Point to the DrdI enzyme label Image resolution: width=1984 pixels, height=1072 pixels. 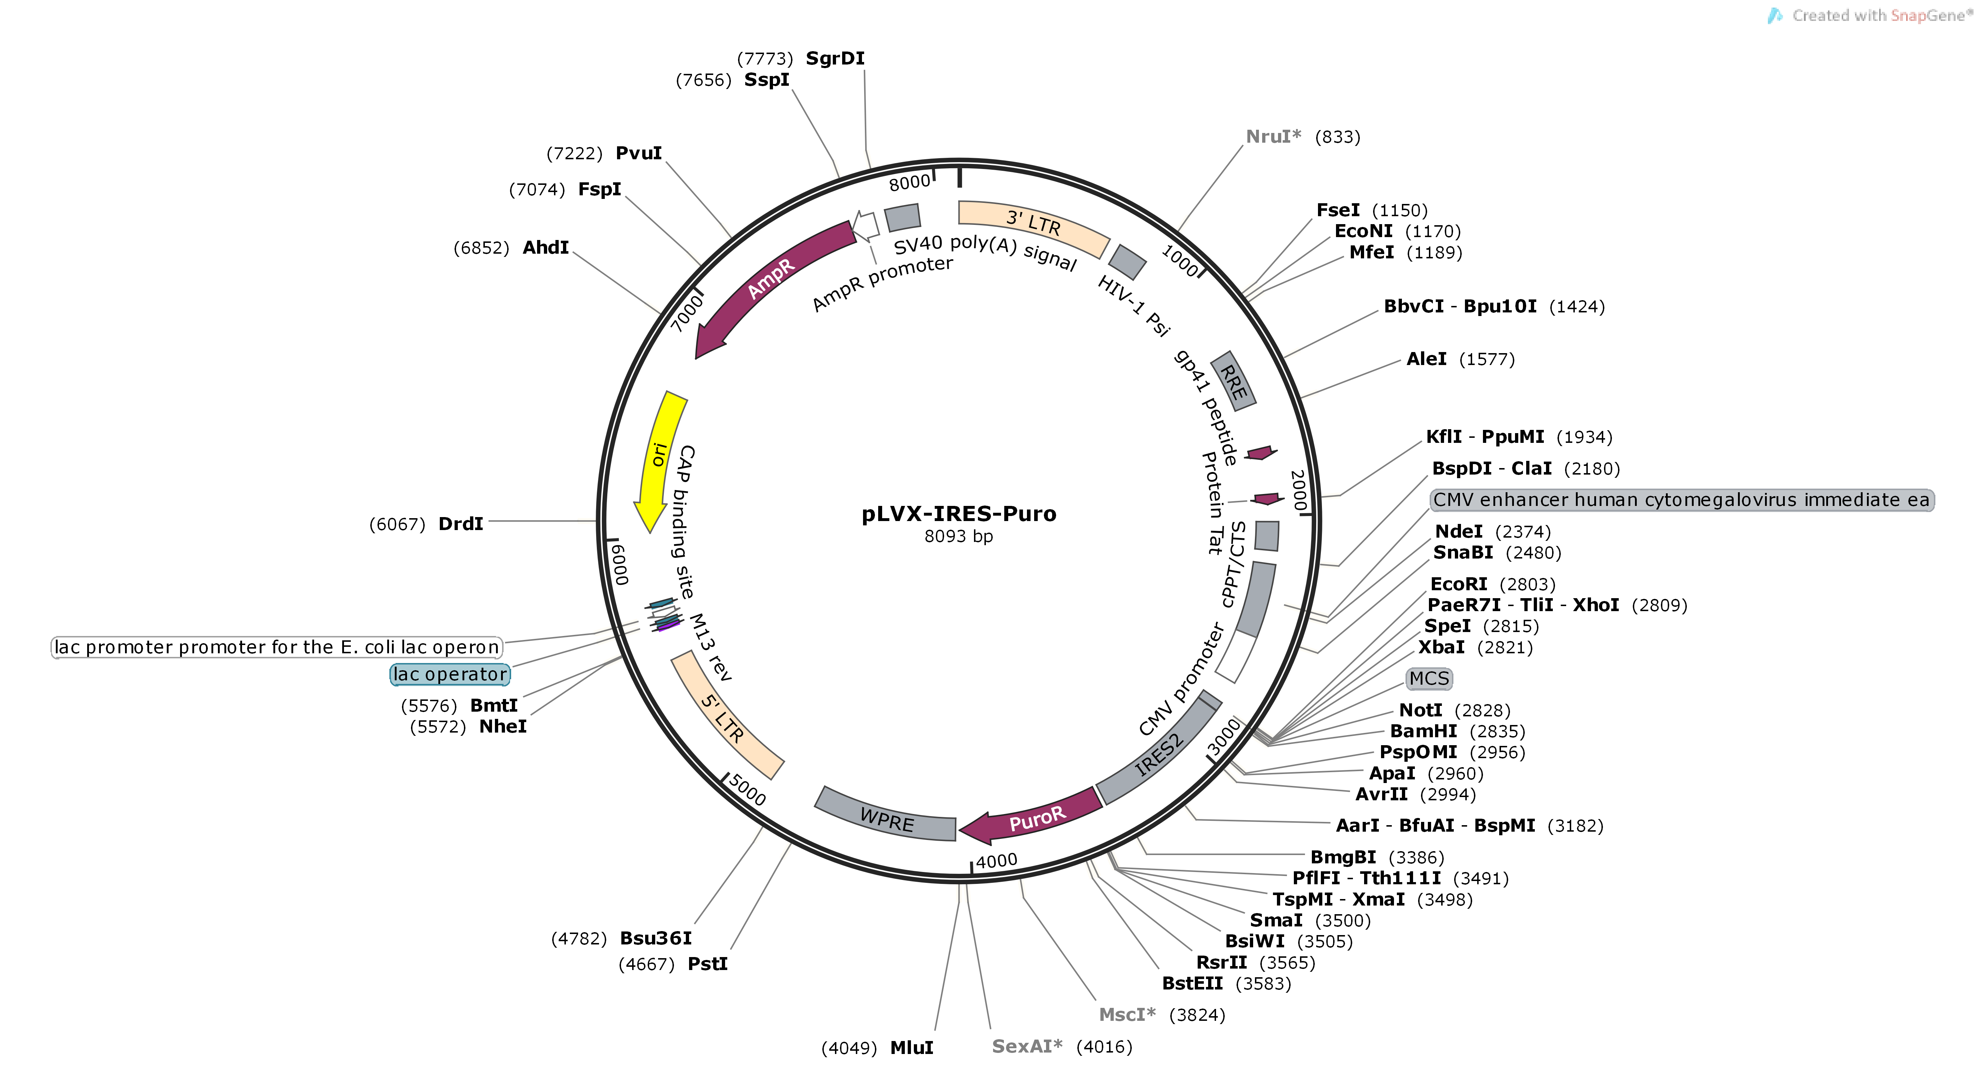tap(461, 524)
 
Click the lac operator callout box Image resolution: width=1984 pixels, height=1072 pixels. tap(450, 674)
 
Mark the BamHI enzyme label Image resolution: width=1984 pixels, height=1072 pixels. tap(1423, 731)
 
